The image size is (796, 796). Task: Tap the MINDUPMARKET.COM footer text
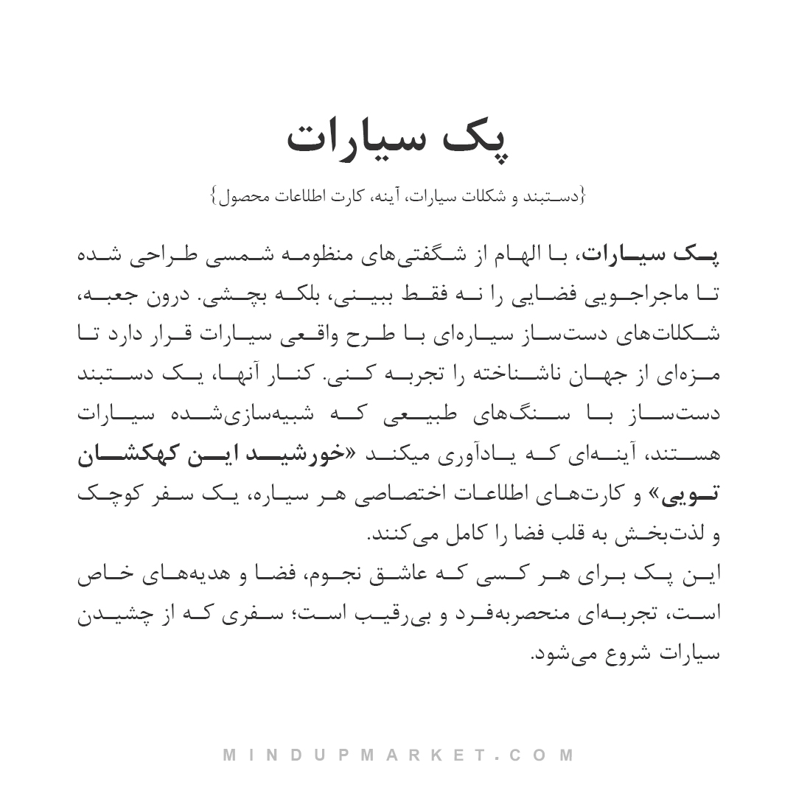pos(398,755)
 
